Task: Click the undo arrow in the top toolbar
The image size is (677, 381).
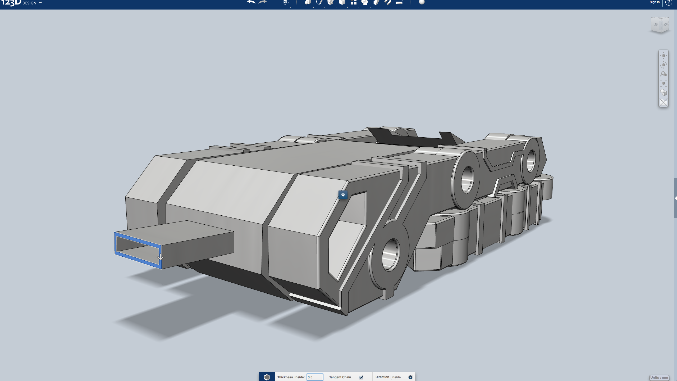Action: click(x=251, y=2)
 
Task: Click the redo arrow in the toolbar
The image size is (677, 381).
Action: click(x=262, y=2)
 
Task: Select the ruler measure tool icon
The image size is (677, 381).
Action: click(x=399, y=2)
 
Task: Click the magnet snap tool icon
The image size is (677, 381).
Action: click(x=387, y=2)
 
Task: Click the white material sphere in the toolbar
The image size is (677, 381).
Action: click(x=422, y=2)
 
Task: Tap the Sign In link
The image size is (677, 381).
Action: click(x=654, y=2)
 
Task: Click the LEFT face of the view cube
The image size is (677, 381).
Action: click(x=656, y=25)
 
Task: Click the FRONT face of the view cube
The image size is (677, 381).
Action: click(x=665, y=25)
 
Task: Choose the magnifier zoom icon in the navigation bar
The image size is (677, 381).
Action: click(x=663, y=74)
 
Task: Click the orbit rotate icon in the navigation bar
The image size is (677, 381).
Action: click(x=663, y=65)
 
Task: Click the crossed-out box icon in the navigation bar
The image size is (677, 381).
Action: click(x=663, y=102)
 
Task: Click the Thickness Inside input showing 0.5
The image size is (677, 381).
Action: click(x=315, y=377)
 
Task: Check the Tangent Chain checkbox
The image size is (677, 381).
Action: click(x=361, y=377)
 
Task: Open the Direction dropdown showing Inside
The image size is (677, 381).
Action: click(x=401, y=377)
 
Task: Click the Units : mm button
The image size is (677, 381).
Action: click(x=659, y=378)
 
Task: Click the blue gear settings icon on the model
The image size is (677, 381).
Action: click(x=343, y=195)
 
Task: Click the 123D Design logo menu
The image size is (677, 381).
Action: click(x=21, y=3)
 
